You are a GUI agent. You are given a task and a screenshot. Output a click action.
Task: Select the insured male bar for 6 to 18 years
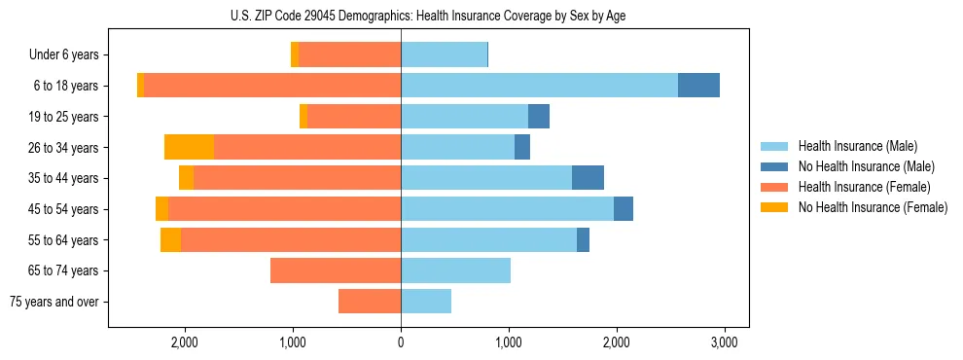(539, 86)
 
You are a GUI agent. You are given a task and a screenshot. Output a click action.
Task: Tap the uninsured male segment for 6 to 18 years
(698, 86)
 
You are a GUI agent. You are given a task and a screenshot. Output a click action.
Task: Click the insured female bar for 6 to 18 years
(272, 86)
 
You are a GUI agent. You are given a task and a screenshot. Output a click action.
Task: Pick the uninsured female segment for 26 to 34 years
(189, 147)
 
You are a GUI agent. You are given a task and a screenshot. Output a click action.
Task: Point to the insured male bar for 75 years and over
(426, 302)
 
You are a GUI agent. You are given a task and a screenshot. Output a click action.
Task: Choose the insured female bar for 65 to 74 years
(335, 270)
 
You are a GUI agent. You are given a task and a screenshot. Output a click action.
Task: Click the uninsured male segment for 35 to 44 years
(588, 178)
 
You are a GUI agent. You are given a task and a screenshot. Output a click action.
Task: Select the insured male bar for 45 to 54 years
(507, 209)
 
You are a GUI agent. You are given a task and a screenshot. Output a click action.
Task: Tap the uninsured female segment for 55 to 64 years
(170, 239)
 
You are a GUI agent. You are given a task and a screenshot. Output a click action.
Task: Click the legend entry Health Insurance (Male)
(857, 146)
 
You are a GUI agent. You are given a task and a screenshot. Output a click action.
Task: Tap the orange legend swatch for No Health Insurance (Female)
(774, 207)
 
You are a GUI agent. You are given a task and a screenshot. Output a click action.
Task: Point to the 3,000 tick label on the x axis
(723, 342)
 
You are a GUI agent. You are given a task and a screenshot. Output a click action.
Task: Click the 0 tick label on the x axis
(401, 342)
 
